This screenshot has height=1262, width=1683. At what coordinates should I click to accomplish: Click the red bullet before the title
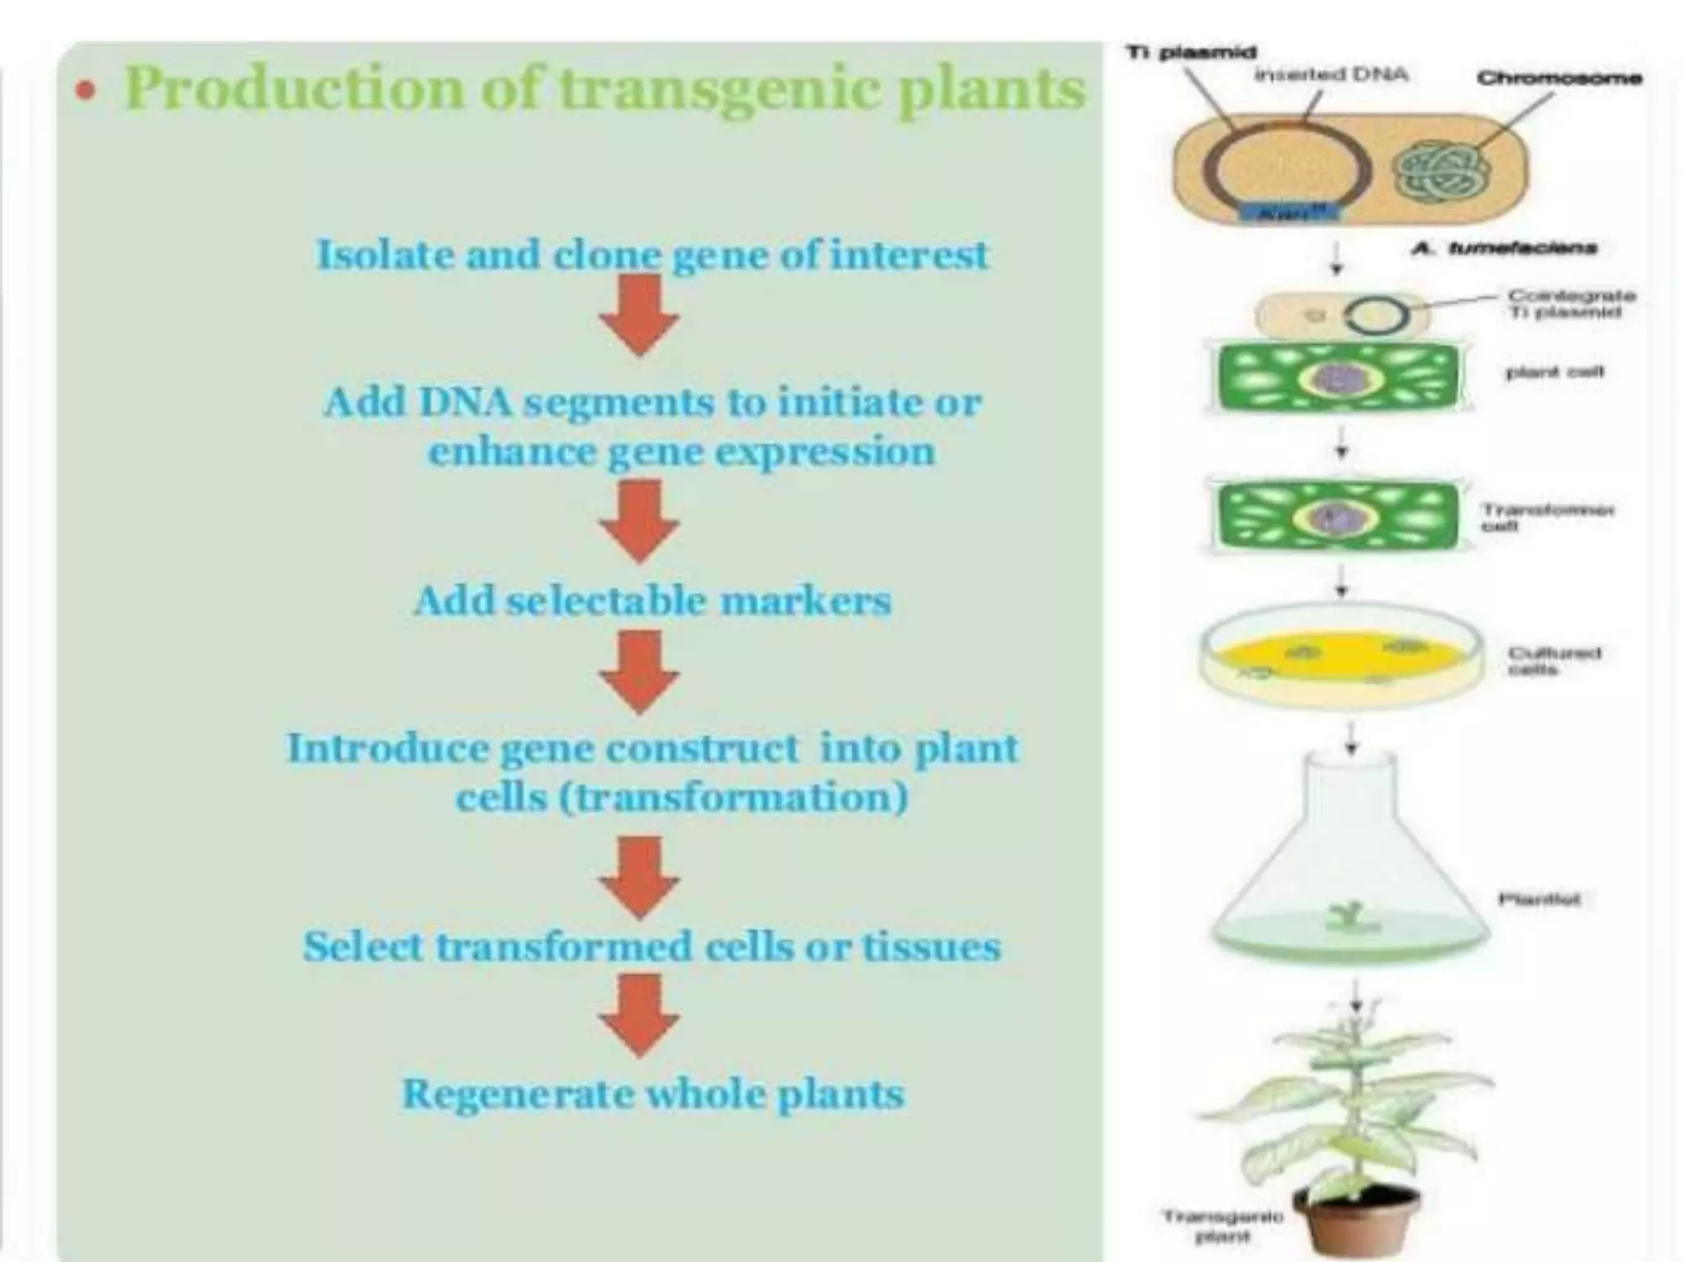85,90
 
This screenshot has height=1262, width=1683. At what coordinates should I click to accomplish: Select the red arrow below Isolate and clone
639,315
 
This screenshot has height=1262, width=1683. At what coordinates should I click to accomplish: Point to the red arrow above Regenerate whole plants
639,1016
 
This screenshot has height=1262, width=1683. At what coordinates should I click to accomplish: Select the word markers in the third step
805,601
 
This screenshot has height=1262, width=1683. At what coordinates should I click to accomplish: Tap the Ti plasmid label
1191,53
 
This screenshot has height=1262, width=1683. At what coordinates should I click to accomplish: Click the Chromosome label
1558,78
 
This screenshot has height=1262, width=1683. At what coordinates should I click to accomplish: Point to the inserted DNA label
1331,75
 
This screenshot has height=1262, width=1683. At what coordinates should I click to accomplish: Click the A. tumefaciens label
1503,247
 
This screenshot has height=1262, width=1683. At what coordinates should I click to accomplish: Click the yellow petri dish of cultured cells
1339,655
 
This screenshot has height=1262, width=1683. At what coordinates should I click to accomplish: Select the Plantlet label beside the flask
1538,899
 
